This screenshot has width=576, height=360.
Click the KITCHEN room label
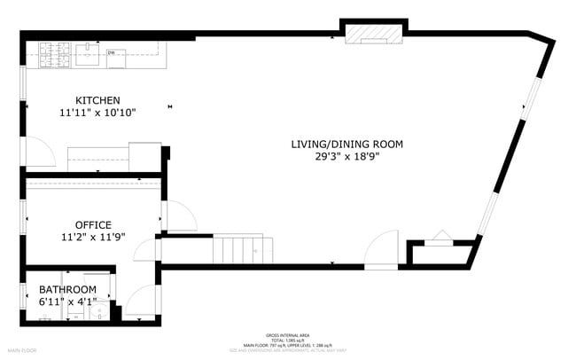pos(97,100)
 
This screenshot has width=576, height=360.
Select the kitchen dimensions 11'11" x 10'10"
pos(97,113)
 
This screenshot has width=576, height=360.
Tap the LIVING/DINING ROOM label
pos(347,144)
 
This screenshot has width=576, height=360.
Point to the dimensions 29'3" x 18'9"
pos(347,156)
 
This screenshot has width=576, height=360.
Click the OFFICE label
pos(93,224)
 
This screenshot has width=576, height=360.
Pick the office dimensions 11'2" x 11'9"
pos(93,237)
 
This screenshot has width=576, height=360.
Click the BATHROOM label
pos(67,290)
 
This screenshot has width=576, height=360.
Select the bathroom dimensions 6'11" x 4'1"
pos(67,302)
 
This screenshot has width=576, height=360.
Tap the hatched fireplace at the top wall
pos(373,33)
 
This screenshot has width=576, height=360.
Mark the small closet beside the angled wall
pos(440,253)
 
